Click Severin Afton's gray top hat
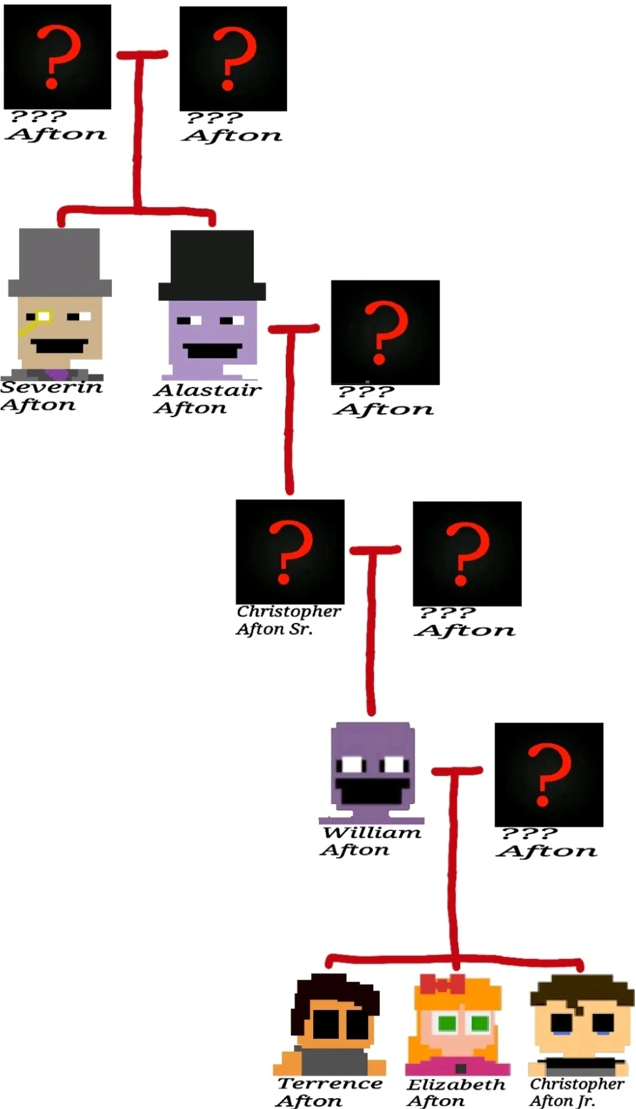pyautogui.click(x=60, y=262)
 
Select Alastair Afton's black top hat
pyautogui.click(x=212, y=265)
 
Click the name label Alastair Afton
pyautogui.click(x=207, y=399)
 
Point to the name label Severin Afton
pyautogui.click(x=51, y=396)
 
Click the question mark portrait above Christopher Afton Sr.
pyautogui.click(x=290, y=552)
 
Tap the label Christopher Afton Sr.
pyautogui.click(x=289, y=620)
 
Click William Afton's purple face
pyautogui.click(x=372, y=768)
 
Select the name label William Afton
pyautogui.click(x=370, y=841)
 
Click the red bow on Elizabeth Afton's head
pyautogui.click(x=442, y=984)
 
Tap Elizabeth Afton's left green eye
pyautogui.click(x=447, y=1023)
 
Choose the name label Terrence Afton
pyautogui.click(x=329, y=1092)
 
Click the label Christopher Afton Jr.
pyautogui.click(x=576, y=1092)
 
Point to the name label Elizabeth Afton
pyautogui.click(x=456, y=1092)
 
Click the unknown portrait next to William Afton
pyautogui.click(x=549, y=774)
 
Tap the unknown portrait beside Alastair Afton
pyautogui.click(x=385, y=332)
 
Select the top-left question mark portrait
pyautogui.click(x=57, y=57)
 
